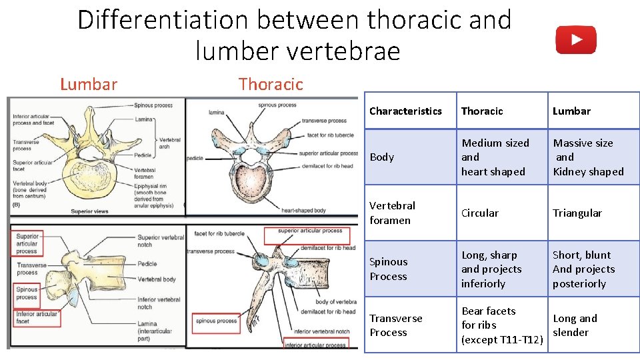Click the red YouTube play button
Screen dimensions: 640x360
point(576,40)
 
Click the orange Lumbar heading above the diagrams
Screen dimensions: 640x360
point(89,84)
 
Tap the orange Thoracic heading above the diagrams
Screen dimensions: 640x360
point(271,84)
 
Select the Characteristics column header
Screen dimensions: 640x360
point(405,111)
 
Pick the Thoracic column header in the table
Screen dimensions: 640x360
point(482,111)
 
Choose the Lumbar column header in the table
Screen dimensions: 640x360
point(571,111)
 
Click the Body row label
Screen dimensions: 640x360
point(381,157)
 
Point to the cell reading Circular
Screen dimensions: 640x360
point(480,213)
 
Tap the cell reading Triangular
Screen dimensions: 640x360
point(577,213)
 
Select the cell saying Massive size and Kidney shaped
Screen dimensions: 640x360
point(588,157)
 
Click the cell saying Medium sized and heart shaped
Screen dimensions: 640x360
point(495,157)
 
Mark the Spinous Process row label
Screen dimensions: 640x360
point(389,269)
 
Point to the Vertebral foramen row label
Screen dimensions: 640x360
point(392,213)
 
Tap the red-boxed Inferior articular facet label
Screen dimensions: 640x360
point(37,317)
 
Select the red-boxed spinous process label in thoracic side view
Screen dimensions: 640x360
point(216,321)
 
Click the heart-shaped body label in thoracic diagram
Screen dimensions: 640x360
point(303,210)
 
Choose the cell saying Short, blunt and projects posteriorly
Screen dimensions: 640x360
point(583,269)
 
